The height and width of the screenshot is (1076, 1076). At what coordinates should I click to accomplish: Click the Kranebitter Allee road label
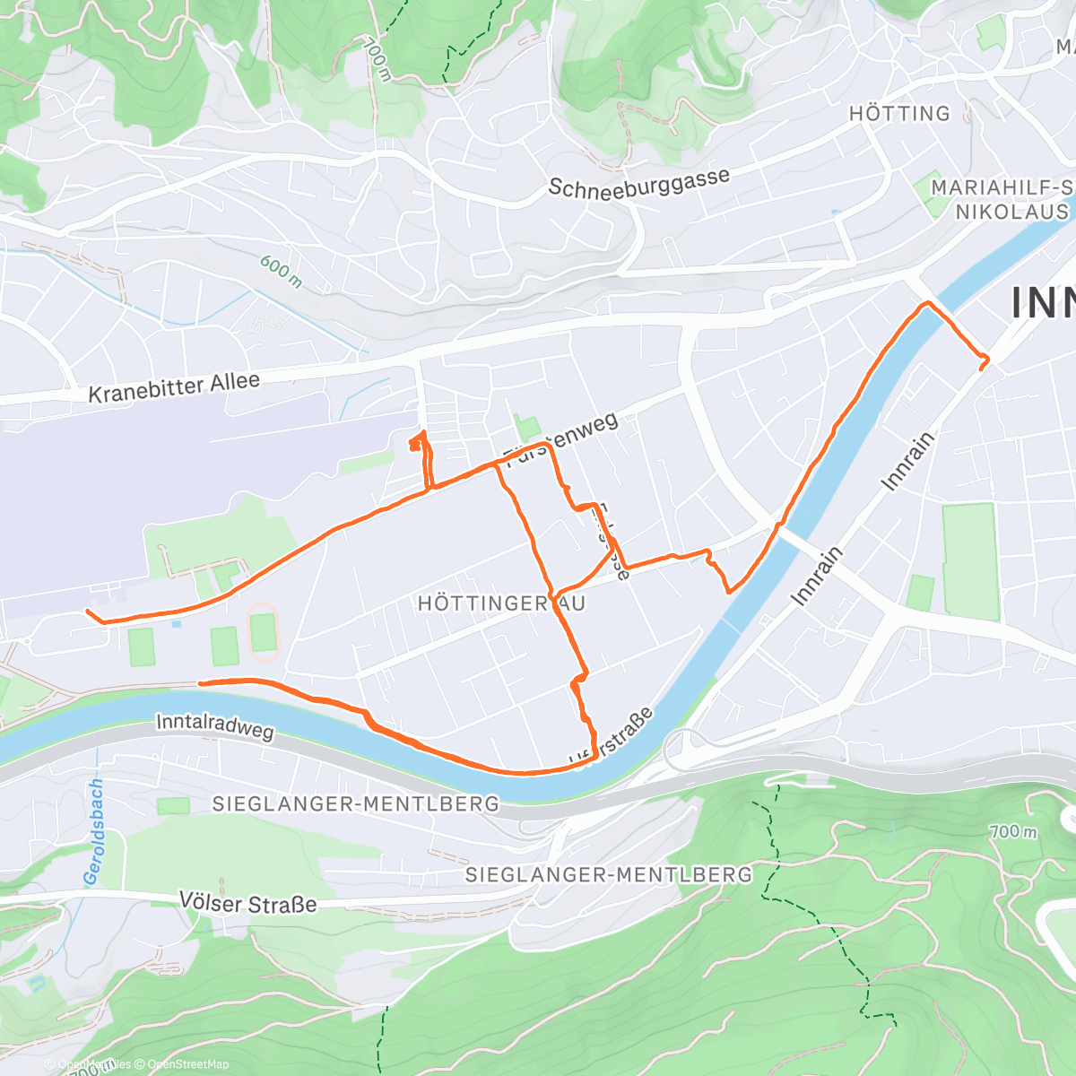(174, 387)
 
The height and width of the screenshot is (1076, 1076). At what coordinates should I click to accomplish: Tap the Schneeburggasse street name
(638, 183)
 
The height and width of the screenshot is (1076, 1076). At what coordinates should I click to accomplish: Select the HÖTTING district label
(899, 114)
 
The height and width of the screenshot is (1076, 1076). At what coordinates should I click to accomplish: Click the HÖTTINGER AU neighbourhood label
(501, 603)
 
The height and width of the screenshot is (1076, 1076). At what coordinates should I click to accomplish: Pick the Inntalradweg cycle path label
(214, 726)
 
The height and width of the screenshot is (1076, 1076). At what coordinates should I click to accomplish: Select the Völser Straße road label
(247, 902)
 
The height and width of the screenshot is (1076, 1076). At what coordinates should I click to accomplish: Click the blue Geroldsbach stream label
(93, 832)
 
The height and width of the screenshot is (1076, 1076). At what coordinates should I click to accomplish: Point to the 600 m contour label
(281, 272)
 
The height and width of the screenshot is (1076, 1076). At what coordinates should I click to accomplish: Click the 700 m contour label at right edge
(1013, 831)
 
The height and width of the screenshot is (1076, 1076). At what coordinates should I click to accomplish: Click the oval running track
(263, 631)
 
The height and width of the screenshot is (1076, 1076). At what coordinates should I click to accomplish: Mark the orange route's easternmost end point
(986, 361)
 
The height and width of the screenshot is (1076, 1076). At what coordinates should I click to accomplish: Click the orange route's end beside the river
(200, 683)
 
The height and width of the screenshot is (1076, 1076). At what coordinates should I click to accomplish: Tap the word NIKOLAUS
(1011, 213)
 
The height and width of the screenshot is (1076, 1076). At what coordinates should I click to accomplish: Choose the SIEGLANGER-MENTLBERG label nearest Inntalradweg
(355, 803)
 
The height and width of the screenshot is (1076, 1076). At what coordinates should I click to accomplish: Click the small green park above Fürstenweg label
(527, 428)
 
